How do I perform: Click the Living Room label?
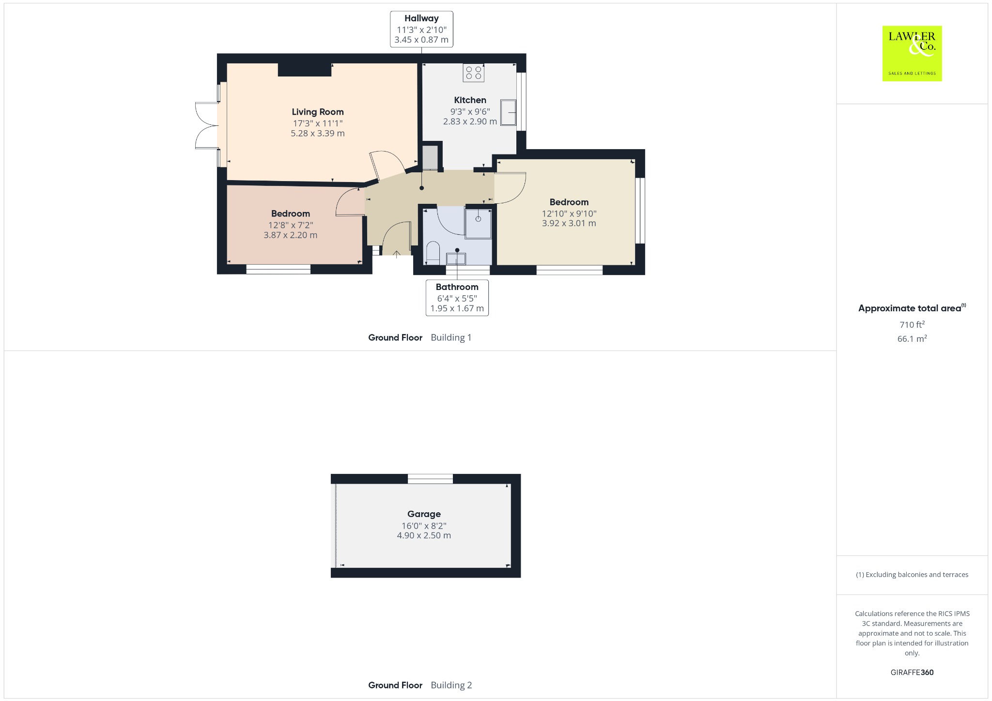click(x=318, y=112)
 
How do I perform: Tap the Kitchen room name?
click(x=470, y=100)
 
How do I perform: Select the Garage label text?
click(x=424, y=514)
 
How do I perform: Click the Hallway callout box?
click(x=421, y=29)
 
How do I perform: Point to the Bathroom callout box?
click(x=457, y=298)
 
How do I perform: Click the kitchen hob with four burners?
click(x=473, y=73)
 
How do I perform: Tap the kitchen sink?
click(x=508, y=112)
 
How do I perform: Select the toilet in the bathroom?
click(x=432, y=254)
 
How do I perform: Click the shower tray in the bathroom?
click(x=478, y=223)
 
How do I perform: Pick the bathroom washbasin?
click(x=456, y=259)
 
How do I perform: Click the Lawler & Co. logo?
click(x=912, y=53)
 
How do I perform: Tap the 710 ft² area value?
click(x=912, y=324)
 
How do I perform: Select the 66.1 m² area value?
click(x=912, y=338)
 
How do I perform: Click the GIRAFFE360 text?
click(x=912, y=672)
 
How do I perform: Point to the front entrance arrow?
click(x=396, y=254)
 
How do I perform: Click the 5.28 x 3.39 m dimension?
click(x=318, y=133)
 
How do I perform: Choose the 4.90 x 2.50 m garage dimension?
click(x=424, y=535)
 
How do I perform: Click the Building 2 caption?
click(x=451, y=685)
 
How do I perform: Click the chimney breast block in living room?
click(x=305, y=70)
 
